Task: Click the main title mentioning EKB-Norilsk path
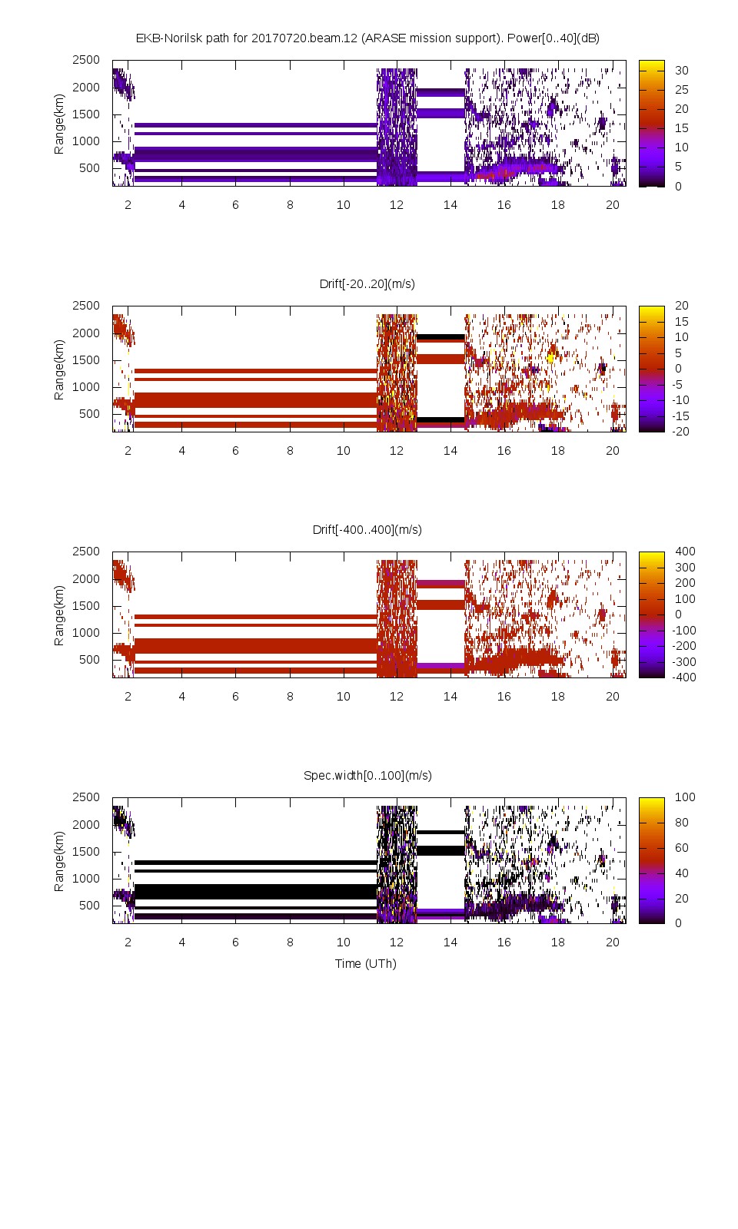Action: (x=367, y=38)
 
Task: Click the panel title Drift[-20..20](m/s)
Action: (x=367, y=283)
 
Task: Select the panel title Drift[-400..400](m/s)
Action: (x=367, y=529)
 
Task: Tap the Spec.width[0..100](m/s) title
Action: (x=367, y=775)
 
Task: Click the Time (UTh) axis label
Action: (x=366, y=963)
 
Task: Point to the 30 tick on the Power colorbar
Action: (x=681, y=71)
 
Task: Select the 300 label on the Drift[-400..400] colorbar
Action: (x=684, y=567)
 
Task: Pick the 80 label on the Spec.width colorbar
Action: (x=681, y=822)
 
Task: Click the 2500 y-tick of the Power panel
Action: (x=86, y=60)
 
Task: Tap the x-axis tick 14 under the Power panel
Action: (x=450, y=204)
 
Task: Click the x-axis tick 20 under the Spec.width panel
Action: (x=612, y=942)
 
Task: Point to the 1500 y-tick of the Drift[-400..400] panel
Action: (x=86, y=605)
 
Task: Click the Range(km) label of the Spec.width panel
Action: (x=59, y=860)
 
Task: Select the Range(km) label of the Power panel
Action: (x=59, y=123)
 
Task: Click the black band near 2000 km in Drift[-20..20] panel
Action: (x=440, y=336)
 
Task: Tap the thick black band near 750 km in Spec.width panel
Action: (x=254, y=891)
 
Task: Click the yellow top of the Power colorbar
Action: (x=651, y=65)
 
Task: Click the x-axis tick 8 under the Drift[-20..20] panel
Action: (x=290, y=450)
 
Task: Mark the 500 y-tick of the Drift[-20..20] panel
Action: (x=89, y=413)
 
